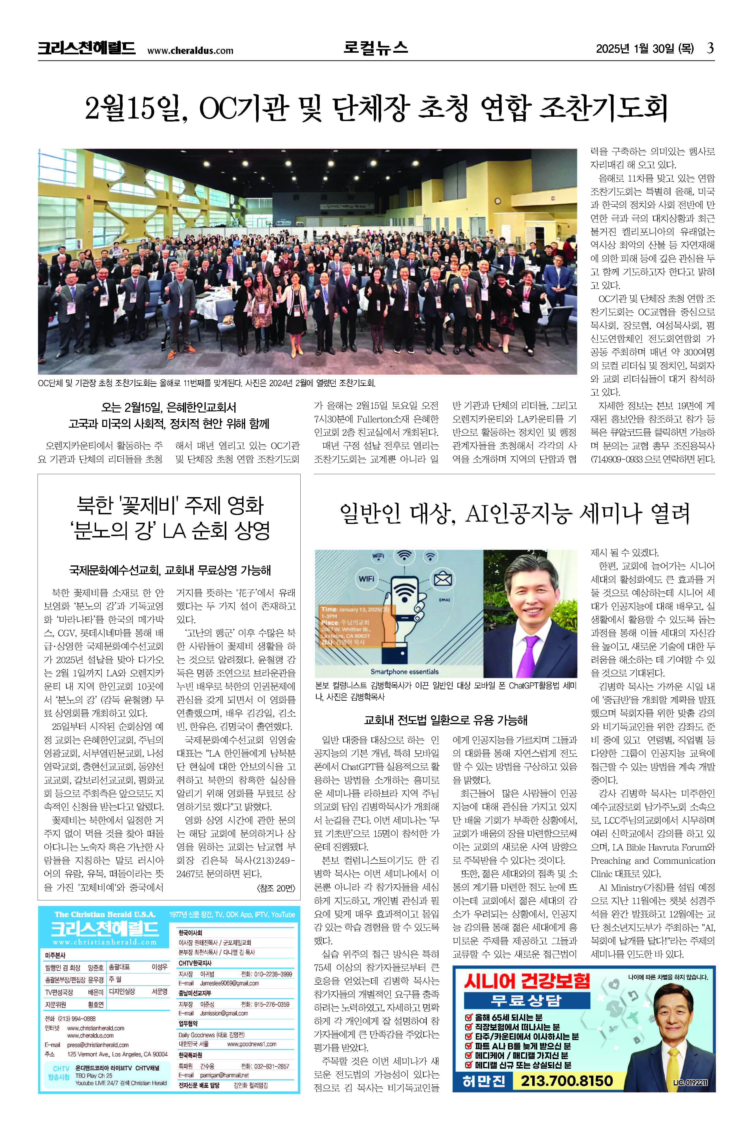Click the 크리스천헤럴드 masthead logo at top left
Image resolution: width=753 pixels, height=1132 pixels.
pyautogui.click(x=86, y=48)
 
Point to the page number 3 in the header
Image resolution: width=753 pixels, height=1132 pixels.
pyautogui.click(x=710, y=48)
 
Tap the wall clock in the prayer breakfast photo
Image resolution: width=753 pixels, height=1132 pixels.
pyautogui.click(x=498, y=201)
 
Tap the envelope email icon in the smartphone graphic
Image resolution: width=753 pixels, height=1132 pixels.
pyautogui.click(x=442, y=579)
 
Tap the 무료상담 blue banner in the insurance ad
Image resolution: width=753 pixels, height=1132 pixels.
pyautogui.click(x=526, y=1000)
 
